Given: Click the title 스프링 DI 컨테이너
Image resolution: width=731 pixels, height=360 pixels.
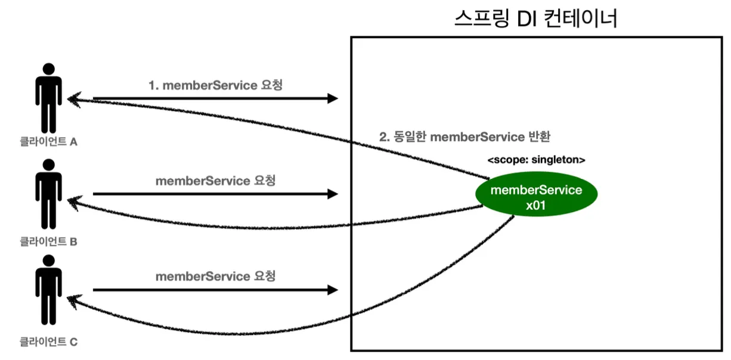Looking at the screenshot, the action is [x=536, y=18].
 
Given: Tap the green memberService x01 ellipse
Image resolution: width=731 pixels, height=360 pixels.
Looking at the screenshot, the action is [x=536, y=194].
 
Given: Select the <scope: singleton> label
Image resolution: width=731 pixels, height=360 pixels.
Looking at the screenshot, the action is [x=536, y=160].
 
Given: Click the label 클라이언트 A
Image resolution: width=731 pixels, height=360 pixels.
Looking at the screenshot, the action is [x=49, y=141].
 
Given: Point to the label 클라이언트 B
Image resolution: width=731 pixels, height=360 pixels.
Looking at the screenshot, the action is [x=49, y=241].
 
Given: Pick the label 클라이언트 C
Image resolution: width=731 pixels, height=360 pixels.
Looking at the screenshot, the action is [x=49, y=342].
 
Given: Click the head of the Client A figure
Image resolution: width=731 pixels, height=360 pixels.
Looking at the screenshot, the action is [x=49, y=69].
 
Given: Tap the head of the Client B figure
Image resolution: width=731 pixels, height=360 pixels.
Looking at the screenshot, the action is [x=49, y=165].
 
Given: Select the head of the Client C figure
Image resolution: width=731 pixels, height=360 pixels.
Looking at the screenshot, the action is [x=49, y=261].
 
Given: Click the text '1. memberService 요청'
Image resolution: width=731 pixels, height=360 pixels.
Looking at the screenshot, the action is [x=215, y=85].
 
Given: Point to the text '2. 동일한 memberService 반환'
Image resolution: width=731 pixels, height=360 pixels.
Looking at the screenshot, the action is [x=464, y=136].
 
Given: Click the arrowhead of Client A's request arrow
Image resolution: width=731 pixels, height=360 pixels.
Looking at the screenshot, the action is [x=333, y=98].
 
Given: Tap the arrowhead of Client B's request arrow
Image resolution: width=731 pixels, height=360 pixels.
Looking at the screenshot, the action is [x=333, y=194].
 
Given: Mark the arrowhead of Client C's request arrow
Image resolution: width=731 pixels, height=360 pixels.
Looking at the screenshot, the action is [x=333, y=290].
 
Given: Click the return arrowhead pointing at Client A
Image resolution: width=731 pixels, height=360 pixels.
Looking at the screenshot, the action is [x=74, y=99].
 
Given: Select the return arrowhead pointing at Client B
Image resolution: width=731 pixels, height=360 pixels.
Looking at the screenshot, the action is [x=74, y=202].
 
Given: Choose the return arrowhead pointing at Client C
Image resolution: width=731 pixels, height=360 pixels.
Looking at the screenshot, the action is [x=73, y=300].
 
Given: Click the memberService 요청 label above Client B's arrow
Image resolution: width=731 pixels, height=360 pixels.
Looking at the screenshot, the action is [x=215, y=181].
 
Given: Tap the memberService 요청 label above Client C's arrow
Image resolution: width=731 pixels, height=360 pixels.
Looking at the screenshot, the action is [x=215, y=276].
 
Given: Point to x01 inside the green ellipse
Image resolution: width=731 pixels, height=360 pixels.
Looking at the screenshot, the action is [x=536, y=206].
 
